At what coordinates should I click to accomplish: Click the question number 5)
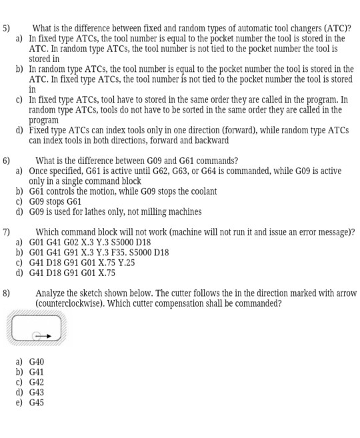click(x=6, y=29)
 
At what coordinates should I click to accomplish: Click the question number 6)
click(x=6, y=161)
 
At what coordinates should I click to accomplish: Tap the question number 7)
click(x=6, y=232)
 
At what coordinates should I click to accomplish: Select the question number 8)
click(x=6, y=293)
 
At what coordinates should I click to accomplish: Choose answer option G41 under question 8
click(x=37, y=372)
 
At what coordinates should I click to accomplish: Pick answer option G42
click(x=37, y=383)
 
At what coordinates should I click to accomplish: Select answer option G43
click(x=37, y=393)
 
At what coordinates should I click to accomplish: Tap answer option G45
click(x=37, y=403)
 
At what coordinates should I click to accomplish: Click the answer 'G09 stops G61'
click(x=55, y=201)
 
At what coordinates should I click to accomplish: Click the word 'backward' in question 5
click(x=211, y=141)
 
